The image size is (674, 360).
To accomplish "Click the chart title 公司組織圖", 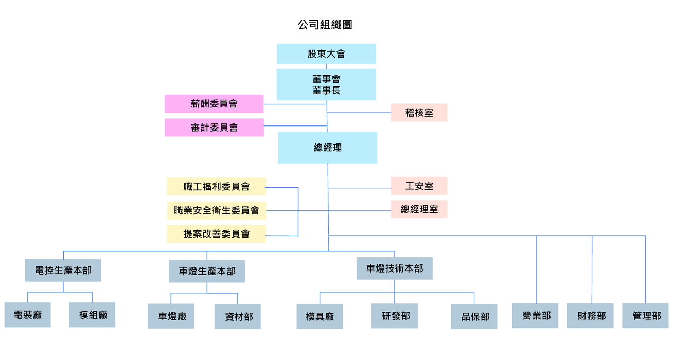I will click(x=325, y=25).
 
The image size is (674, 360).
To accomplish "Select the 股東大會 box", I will click(x=326, y=54).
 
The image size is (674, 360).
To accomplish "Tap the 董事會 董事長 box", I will click(x=326, y=85).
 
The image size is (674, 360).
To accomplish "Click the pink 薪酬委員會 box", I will click(x=214, y=104).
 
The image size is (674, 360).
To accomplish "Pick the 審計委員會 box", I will click(x=214, y=128).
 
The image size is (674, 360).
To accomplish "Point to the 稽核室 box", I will click(x=419, y=113).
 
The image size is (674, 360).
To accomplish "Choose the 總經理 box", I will click(x=328, y=148).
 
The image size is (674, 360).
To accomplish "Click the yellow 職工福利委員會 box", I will click(x=216, y=187).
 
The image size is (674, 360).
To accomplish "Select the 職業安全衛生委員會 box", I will click(x=216, y=210).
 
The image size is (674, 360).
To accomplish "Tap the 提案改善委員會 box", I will click(x=216, y=234).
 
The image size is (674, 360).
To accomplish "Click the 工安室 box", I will click(x=419, y=186).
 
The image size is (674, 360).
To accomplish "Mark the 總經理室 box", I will click(x=419, y=209).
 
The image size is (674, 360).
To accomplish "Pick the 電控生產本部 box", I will click(x=63, y=271).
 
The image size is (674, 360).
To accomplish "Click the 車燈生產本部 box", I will click(x=207, y=272).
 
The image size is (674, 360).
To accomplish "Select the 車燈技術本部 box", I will click(x=394, y=268).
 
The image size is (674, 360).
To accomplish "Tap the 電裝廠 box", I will click(x=28, y=315).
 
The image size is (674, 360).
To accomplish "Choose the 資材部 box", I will click(x=238, y=317).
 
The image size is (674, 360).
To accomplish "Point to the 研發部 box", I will click(x=395, y=316).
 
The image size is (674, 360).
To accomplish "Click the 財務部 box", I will click(x=590, y=316).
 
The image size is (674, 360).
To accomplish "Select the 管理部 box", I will click(x=645, y=316).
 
